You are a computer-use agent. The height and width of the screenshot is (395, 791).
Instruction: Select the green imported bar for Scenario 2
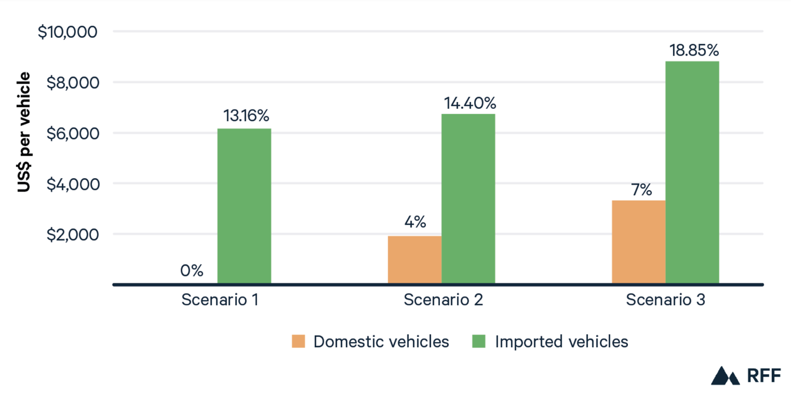click(468, 199)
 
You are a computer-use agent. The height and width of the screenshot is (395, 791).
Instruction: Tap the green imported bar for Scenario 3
click(692, 172)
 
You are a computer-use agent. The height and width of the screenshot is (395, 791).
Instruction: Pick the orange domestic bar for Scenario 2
click(415, 259)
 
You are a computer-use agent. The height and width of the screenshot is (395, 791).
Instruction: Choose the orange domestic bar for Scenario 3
click(639, 242)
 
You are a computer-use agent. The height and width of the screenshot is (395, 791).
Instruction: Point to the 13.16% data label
click(246, 116)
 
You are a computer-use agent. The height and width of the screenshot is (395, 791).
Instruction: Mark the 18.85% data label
click(694, 50)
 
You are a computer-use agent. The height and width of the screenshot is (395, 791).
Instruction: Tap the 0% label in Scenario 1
click(191, 271)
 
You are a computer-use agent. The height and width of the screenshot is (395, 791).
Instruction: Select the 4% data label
click(415, 222)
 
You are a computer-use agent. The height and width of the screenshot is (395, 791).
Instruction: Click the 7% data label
click(640, 189)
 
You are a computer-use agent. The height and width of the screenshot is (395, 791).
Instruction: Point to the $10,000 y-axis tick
click(67, 31)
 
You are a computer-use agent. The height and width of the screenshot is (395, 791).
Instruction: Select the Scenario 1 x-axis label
click(220, 299)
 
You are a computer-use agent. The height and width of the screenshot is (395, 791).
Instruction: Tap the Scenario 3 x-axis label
click(665, 299)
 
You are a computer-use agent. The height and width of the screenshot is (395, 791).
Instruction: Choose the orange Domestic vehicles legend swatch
click(298, 342)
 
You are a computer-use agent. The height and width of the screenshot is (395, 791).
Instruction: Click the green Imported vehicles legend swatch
click(479, 342)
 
